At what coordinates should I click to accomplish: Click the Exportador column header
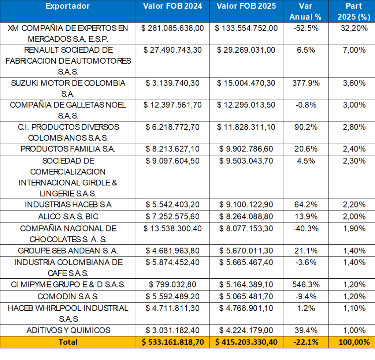tap(68, 7)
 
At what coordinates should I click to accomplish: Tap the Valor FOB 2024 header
tap(172, 7)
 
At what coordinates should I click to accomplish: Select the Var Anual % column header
tap(305, 11)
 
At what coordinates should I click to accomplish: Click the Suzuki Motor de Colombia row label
tap(68, 88)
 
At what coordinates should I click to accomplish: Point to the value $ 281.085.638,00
tap(172, 28)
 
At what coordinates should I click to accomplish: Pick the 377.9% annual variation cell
tap(305, 83)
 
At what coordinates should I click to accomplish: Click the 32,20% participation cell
tap(351, 28)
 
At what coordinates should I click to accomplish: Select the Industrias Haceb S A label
tap(68, 205)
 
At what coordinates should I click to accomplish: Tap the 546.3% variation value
tap(305, 284)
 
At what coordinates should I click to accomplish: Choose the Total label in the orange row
tap(68, 342)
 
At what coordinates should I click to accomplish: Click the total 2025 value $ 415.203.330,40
tap(246, 342)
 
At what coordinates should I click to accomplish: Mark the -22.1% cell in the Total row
tap(305, 342)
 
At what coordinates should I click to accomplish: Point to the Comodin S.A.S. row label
tap(68, 296)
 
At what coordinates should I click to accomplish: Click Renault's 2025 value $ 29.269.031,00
tap(246, 50)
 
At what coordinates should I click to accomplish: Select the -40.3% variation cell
tap(305, 229)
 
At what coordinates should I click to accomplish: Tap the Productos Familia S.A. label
tap(68, 149)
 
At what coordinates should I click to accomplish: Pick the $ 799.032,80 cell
tap(172, 284)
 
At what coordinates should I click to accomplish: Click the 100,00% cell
tap(351, 342)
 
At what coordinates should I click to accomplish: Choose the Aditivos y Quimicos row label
tap(68, 330)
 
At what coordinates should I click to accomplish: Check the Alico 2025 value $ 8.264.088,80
tap(246, 216)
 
